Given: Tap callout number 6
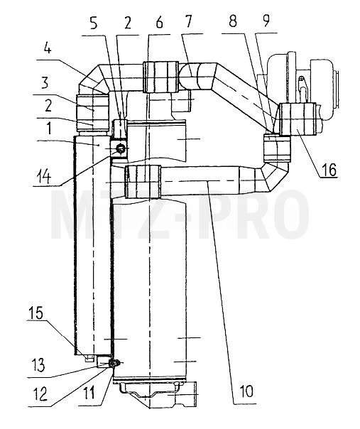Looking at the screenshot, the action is click(x=159, y=23).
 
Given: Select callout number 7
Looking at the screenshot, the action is click(x=188, y=21).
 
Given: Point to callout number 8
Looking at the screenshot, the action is click(x=233, y=21).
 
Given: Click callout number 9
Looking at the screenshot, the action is click(x=266, y=21).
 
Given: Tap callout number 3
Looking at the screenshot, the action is click(x=45, y=82).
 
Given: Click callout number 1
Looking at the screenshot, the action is click(x=49, y=128).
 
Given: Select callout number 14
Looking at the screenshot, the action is click(x=43, y=176).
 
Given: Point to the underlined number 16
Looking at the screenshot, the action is click(x=329, y=170).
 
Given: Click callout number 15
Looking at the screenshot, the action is click(x=36, y=313).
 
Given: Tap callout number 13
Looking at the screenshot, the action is click(x=38, y=365).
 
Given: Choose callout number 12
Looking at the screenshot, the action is click(x=40, y=395).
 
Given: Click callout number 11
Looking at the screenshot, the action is click(x=89, y=393).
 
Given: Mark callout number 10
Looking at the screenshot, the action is click(x=246, y=391).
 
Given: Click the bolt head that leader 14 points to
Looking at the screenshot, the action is click(x=121, y=149).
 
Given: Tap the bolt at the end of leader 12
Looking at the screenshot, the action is click(x=113, y=363).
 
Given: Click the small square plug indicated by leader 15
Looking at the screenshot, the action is click(x=88, y=359).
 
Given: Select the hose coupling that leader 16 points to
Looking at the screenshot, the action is click(x=298, y=119).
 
